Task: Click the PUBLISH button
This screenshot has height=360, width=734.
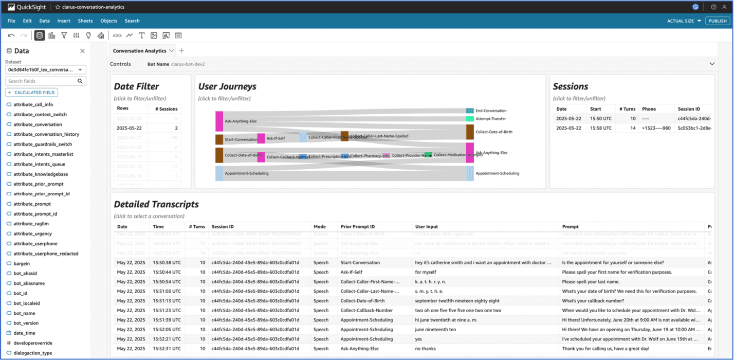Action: tap(717, 21)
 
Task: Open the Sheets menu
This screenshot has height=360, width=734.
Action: tap(85, 21)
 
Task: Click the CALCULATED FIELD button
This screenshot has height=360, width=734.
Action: tap(32, 93)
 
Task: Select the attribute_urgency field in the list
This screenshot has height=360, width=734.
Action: tap(32, 233)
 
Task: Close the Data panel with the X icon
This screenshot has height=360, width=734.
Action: tap(82, 51)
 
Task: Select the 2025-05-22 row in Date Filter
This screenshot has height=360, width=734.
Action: tap(130, 128)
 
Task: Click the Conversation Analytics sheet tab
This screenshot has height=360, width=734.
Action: tap(139, 51)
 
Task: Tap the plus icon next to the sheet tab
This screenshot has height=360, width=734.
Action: tap(181, 51)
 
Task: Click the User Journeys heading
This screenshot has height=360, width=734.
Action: tap(227, 86)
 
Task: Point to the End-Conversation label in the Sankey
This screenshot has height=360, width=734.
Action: tap(490, 111)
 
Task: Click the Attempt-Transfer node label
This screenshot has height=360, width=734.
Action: tap(490, 119)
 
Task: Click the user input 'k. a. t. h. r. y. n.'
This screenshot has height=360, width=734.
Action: tap(430, 282)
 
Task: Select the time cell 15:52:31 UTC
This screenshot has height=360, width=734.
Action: tap(167, 349)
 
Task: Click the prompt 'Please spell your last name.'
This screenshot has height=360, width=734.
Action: tap(590, 282)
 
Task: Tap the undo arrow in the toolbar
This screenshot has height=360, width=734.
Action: tap(11, 35)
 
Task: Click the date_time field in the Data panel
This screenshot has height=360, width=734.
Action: tap(25, 333)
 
